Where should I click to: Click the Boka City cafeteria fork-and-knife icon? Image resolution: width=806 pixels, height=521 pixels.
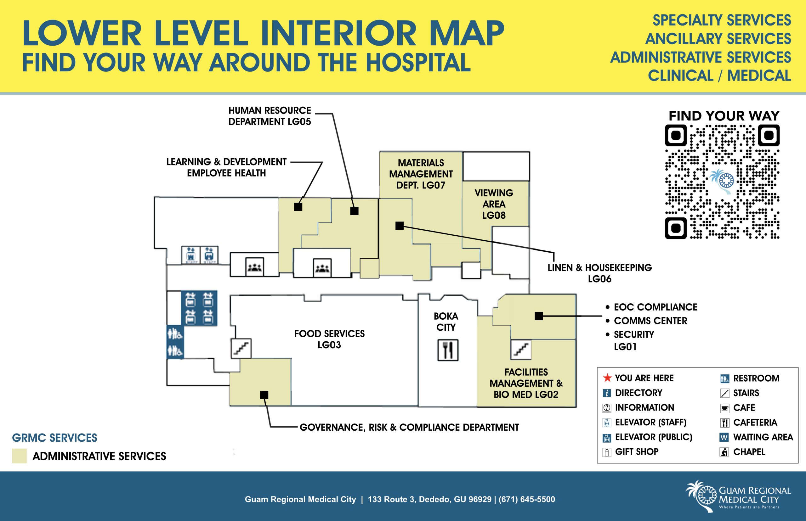pos(447,350)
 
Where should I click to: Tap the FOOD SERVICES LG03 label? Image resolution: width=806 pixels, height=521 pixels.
pos(329,339)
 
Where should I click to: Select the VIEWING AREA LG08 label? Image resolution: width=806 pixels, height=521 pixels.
pos(494,204)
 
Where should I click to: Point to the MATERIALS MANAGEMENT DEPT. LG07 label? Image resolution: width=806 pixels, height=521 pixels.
pos(421,174)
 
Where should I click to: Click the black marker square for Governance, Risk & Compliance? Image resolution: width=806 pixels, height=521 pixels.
pos(264,395)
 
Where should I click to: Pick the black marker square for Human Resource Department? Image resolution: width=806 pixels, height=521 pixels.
pos(354,211)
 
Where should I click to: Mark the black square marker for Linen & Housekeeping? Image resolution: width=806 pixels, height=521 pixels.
pos(400,226)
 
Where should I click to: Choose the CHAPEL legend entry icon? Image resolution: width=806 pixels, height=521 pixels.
pos(724,452)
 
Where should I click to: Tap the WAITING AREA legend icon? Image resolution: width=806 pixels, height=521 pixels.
pos(724,437)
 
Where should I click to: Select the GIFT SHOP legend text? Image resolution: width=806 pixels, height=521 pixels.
pos(636,452)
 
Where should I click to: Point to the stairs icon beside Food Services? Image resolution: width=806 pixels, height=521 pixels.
pos(241,349)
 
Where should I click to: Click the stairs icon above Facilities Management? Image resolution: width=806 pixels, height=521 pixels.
pos(521,350)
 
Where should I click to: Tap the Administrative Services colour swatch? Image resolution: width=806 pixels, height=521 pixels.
pos(19,456)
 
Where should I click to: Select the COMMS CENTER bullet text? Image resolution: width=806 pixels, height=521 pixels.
pos(650,321)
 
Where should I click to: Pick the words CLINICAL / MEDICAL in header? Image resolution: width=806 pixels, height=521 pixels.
pos(719,76)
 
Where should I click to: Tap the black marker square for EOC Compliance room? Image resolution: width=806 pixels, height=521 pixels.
pos(539,316)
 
